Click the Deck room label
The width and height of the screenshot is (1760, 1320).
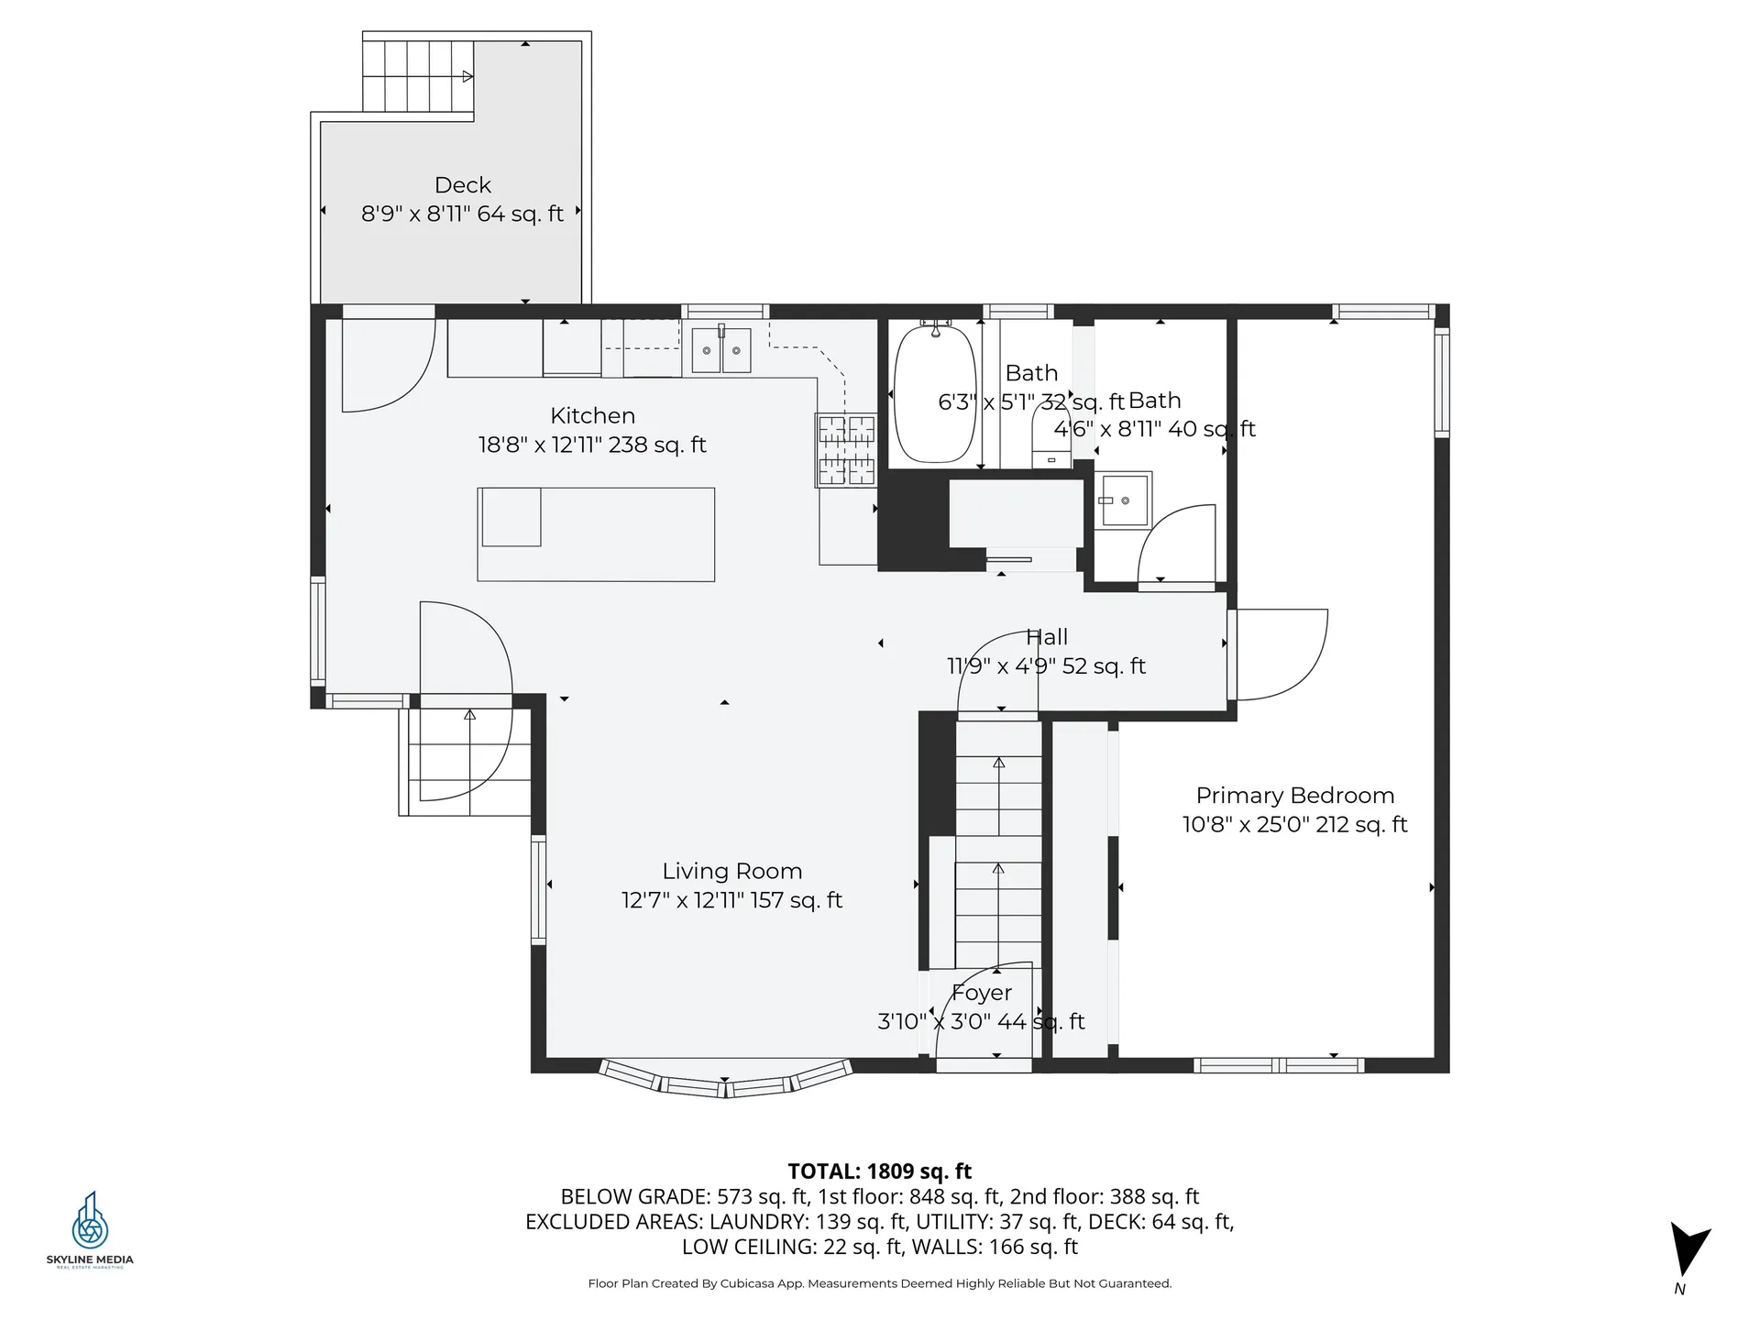pos(463,185)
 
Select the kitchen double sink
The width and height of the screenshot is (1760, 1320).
pos(720,350)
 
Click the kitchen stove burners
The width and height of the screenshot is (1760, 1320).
pos(846,449)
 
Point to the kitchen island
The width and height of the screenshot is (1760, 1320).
pos(596,534)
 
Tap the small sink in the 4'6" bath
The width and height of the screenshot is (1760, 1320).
pos(1125,500)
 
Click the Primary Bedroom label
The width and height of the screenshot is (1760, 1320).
pos(1294,796)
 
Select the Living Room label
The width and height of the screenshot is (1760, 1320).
pos(731,871)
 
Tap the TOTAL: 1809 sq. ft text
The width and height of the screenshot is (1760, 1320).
pos(879,1171)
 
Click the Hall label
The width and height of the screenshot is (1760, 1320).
pos(1047,637)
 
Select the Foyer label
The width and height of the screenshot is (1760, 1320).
pos(982,993)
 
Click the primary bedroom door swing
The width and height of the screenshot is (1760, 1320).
pos(1279,653)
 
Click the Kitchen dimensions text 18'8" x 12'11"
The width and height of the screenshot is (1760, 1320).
pos(592,445)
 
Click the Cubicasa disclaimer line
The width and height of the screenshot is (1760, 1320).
pos(879,1283)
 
